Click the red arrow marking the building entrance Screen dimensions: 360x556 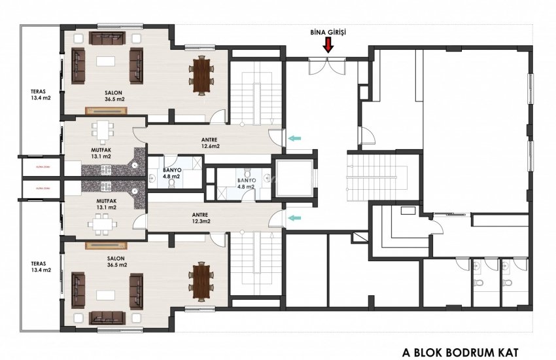(x=328, y=45)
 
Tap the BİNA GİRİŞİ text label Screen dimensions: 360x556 (x=328, y=31)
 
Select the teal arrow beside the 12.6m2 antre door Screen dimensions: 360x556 (x=296, y=137)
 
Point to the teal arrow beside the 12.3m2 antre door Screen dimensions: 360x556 (x=296, y=218)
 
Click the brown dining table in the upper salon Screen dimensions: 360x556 (x=201, y=73)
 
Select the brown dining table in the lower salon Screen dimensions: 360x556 (x=201, y=279)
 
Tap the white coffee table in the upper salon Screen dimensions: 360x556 (x=106, y=62)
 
